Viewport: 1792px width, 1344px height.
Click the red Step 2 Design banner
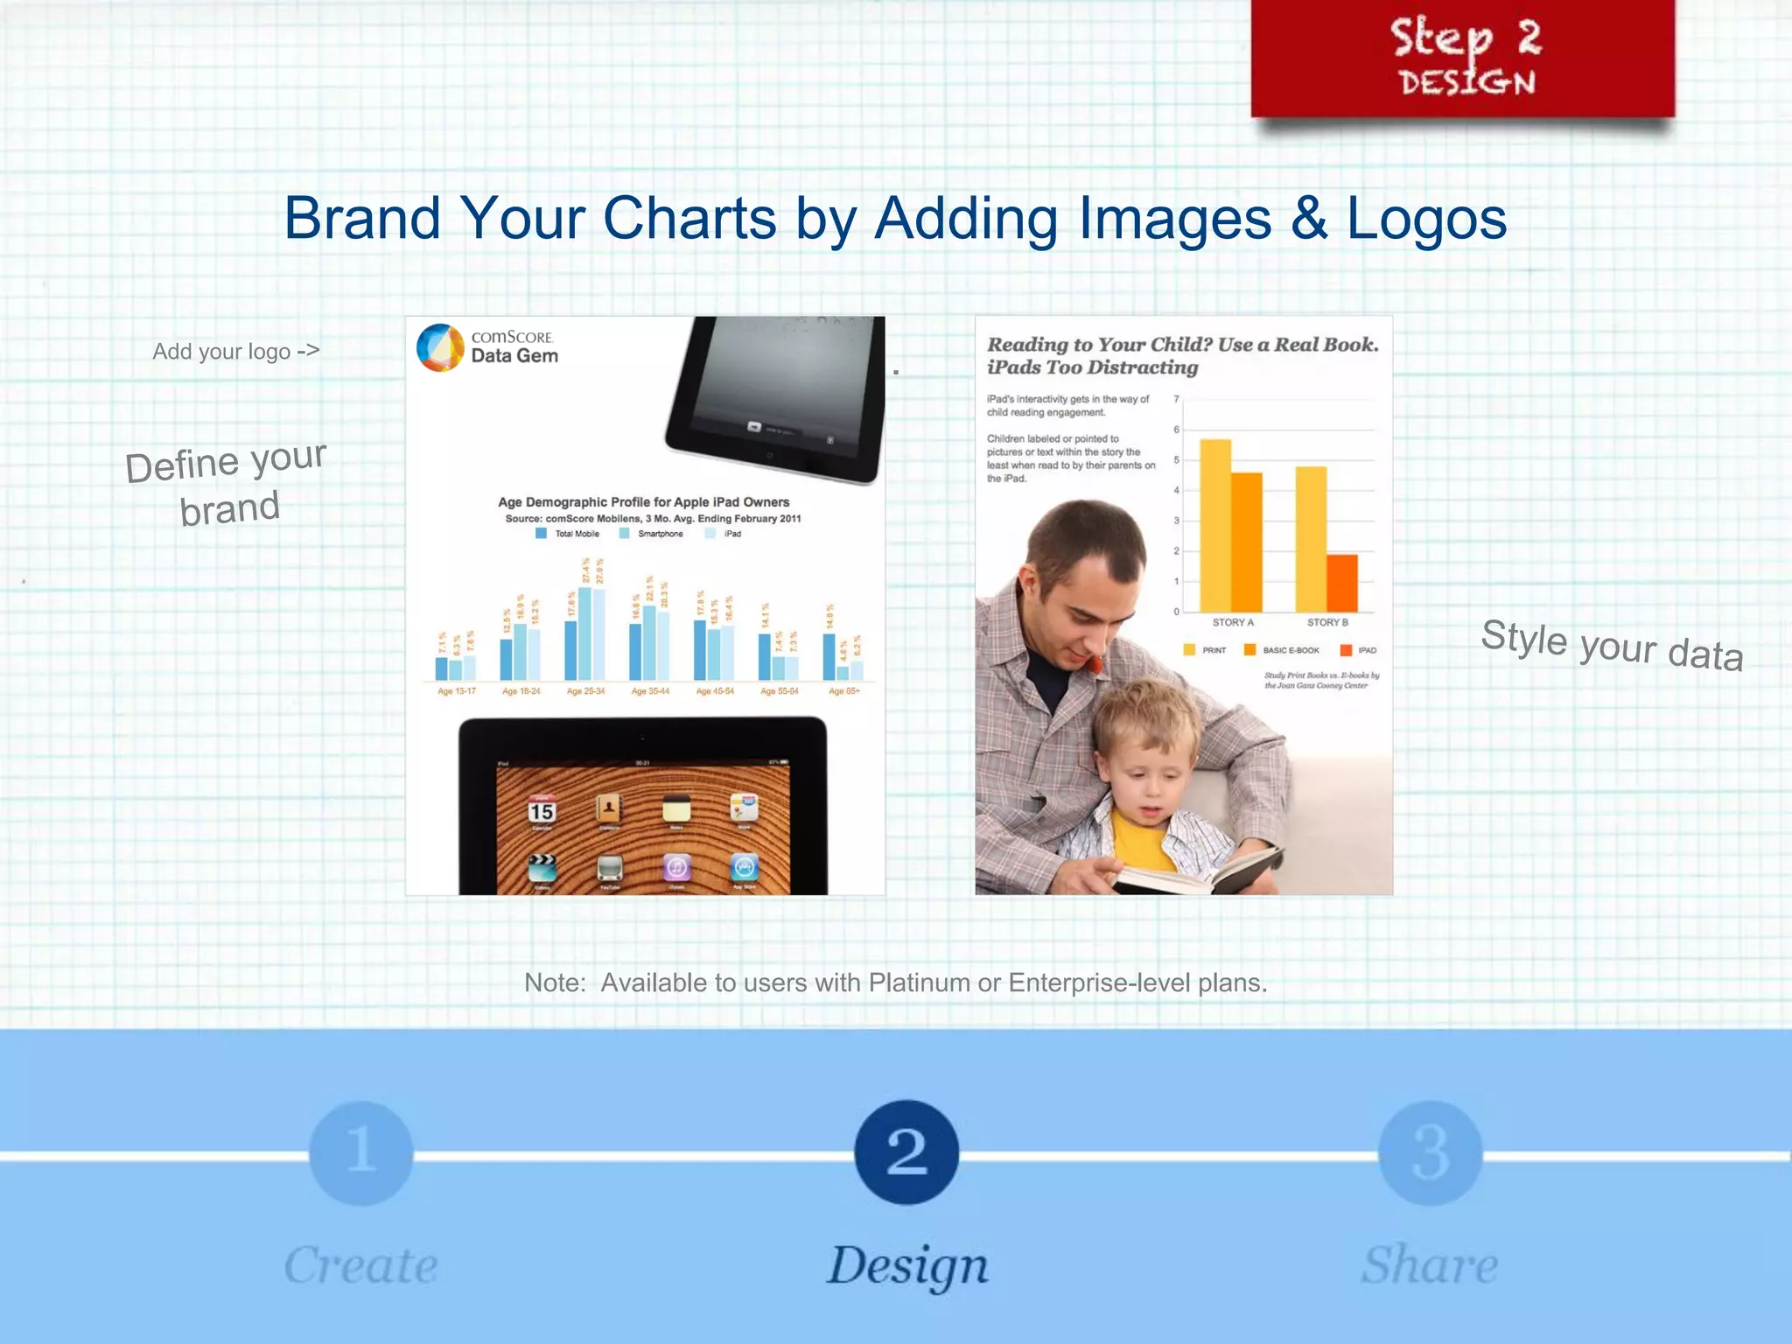pos(1462,58)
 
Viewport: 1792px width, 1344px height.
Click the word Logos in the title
pos(1426,218)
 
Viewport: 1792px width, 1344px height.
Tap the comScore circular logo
pos(440,347)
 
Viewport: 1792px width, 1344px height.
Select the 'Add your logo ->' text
pos(236,351)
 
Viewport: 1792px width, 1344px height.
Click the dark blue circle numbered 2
pos(906,1151)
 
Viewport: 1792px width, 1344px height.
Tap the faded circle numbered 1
pos(361,1152)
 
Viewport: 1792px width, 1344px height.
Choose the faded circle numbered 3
pos(1430,1152)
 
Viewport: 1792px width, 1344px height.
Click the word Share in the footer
pos(1429,1265)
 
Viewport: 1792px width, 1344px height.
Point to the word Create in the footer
pos(361,1265)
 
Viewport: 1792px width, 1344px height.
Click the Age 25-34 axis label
pos(585,691)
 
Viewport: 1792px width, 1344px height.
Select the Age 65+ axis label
pos(844,691)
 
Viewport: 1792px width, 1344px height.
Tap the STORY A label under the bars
pos(1233,622)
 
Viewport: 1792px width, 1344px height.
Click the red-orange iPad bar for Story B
pos(1342,583)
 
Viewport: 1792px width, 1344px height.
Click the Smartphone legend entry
pos(652,534)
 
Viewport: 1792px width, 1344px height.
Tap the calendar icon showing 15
pos(542,810)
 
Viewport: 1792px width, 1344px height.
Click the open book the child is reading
pos(1199,871)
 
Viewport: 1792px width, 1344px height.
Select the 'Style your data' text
pos(1612,646)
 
